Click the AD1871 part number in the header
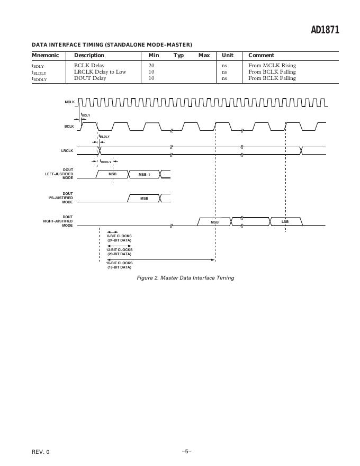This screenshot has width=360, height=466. coord(325,30)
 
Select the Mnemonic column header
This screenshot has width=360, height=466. coord(46,55)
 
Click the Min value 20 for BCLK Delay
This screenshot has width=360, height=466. coord(151,66)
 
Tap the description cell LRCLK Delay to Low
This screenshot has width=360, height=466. coord(100,72)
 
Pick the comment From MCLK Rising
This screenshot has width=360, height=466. coord(272,66)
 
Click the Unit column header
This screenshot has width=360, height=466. coord(228,55)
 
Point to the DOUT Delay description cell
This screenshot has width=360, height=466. coord(90,78)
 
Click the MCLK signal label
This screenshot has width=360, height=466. coord(70,102)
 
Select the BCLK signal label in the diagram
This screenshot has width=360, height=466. coord(69,127)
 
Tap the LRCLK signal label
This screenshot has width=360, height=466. coord(67,151)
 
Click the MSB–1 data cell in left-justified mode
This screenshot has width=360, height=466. coord(144,174)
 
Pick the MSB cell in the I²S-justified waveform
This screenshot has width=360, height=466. coord(144,199)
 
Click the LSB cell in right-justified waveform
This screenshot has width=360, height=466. coord(285,221)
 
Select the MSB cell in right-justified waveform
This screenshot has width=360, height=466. coord(214,222)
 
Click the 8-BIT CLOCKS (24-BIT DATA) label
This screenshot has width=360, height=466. coord(119,238)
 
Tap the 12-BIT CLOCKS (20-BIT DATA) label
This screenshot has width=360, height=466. coord(119,252)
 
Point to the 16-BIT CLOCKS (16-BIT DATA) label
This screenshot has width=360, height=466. coord(119,265)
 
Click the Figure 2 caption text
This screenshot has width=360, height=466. coord(185,277)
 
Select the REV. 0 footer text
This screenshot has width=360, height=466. coord(41,452)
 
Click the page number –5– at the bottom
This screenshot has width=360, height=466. coord(186,451)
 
